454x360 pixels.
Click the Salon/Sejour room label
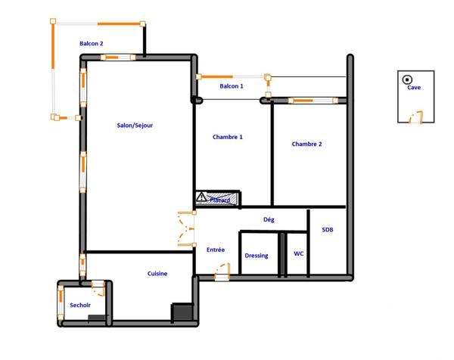point(135,126)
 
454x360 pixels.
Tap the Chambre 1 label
point(227,137)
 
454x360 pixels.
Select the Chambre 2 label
point(306,144)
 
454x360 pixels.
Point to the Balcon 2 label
point(92,44)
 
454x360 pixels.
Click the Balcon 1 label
point(232,86)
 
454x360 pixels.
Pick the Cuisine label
point(157,274)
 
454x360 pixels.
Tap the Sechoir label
point(80,305)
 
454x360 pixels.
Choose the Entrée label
point(215,250)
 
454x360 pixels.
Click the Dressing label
point(257,256)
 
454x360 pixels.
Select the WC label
point(299,254)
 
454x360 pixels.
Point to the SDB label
point(328,230)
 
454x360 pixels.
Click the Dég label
point(269,220)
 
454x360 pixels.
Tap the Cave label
point(414,88)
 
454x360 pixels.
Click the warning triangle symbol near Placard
point(201,197)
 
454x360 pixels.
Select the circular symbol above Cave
point(407,78)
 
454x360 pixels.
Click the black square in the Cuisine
point(182,312)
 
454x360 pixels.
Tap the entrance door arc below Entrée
point(221,271)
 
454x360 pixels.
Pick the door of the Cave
point(414,116)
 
